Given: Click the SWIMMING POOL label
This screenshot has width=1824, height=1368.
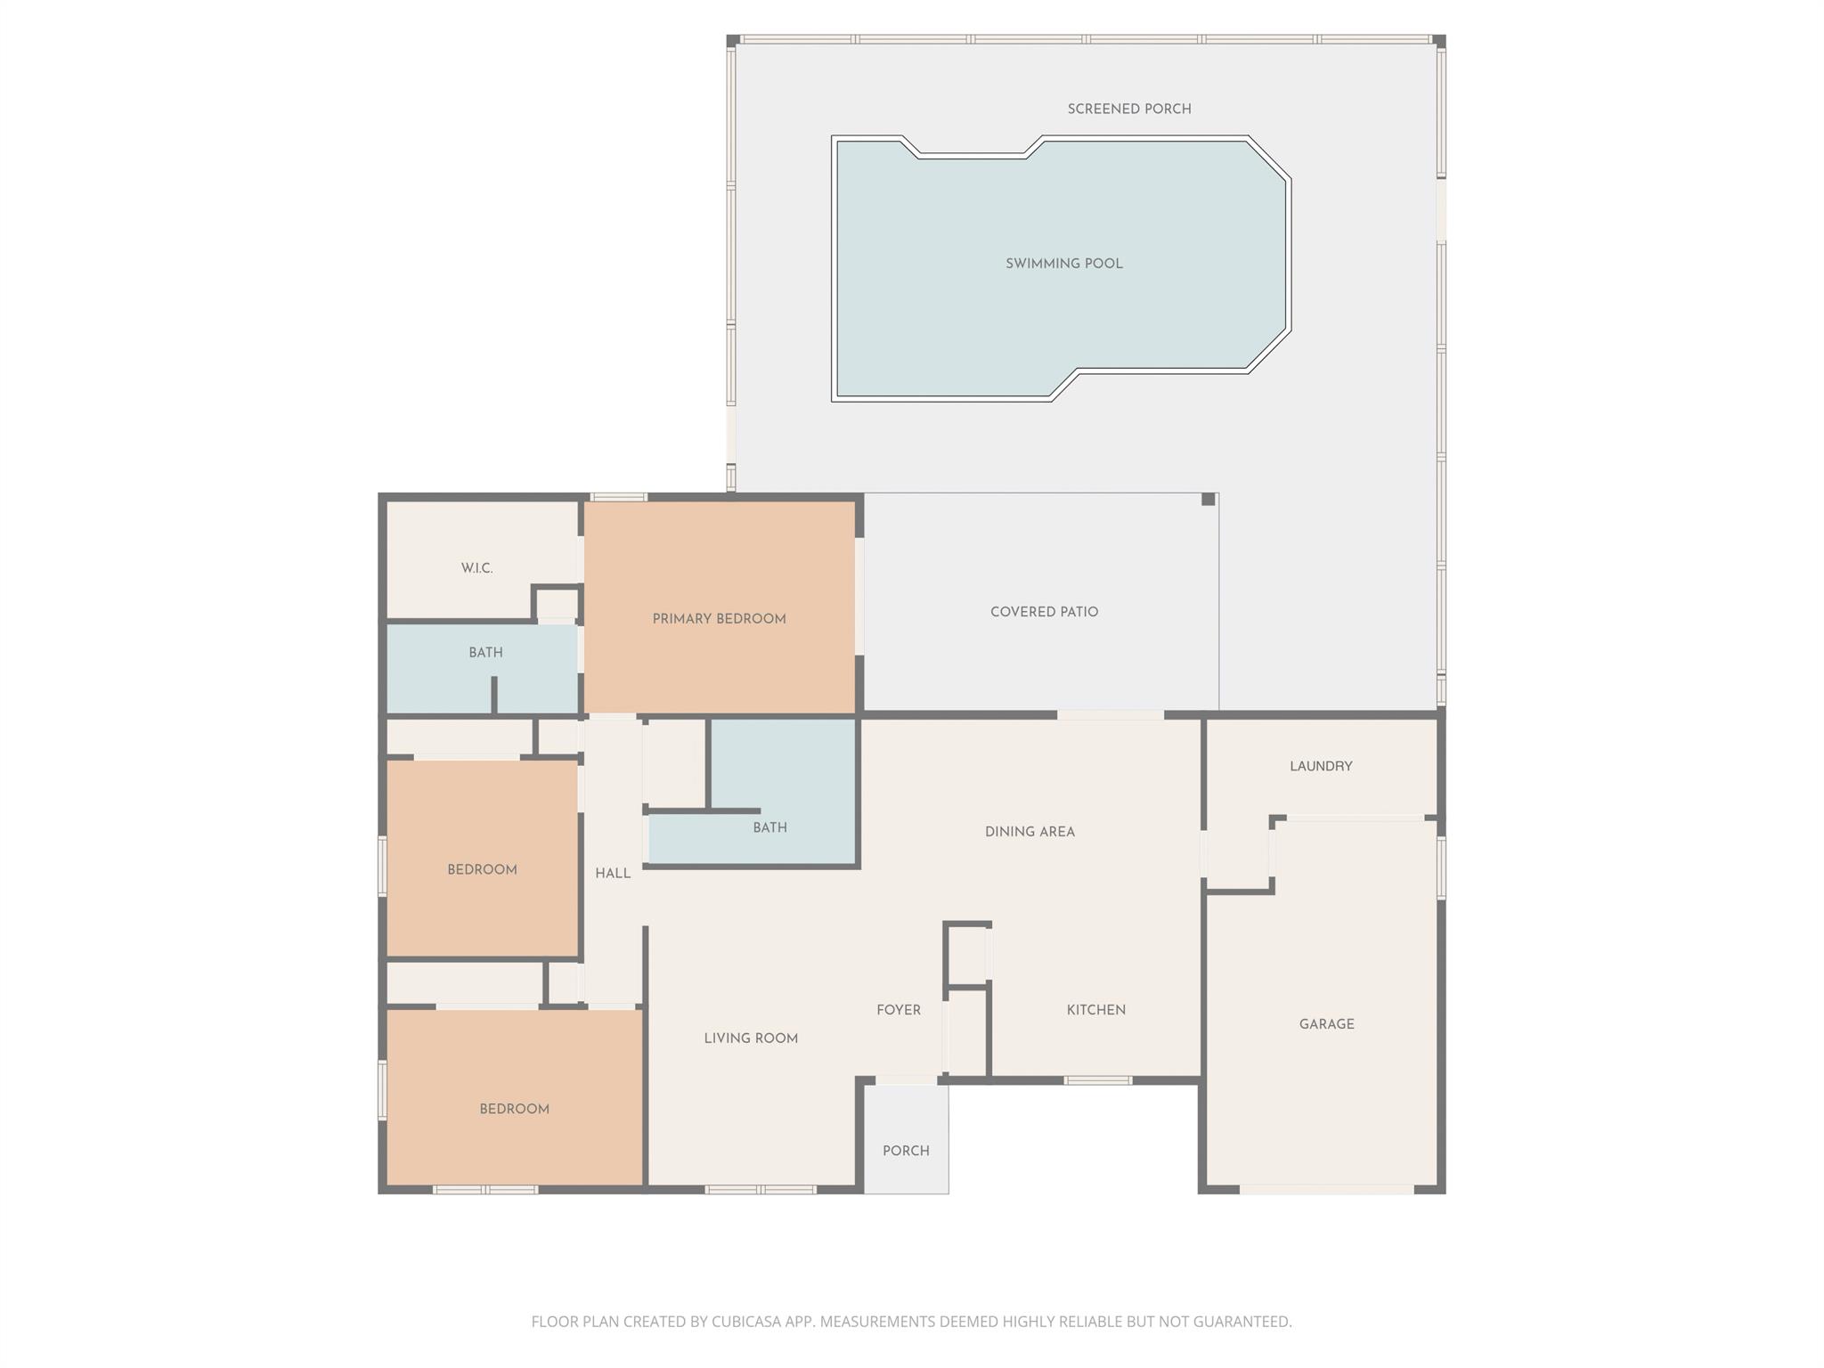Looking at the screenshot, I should [1063, 264].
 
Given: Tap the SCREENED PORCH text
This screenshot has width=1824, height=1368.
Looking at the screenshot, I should [1128, 109].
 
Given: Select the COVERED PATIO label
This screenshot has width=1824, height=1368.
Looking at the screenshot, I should [1044, 612].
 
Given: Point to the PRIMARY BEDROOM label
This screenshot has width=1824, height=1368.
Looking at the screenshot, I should [719, 619].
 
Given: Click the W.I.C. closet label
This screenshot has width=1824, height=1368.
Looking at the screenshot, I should [476, 568].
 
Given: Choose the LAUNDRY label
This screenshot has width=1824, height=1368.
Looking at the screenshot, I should [1320, 766].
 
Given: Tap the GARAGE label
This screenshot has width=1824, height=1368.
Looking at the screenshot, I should [1326, 1024].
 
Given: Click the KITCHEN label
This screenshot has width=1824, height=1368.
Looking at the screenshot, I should [1095, 1010].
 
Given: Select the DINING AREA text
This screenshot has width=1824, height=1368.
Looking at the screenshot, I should [1030, 832].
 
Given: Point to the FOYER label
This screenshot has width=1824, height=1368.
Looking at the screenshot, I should [898, 1010].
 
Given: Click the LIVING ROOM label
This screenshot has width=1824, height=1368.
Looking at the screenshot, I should [750, 1038].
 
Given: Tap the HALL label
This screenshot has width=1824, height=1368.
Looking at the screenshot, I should [613, 874].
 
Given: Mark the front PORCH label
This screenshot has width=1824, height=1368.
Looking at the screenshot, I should [906, 1151].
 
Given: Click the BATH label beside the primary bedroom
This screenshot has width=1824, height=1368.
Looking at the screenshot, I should [485, 653].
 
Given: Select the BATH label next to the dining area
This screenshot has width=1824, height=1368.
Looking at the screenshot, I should [769, 827].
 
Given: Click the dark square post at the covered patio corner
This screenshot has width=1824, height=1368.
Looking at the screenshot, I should [1208, 500].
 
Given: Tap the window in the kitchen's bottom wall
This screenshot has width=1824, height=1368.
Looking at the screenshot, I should [1097, 1080].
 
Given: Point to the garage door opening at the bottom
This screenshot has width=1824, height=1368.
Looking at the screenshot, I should [1325, 1189].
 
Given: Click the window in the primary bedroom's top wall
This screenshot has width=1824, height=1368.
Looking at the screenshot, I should [618, 497].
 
